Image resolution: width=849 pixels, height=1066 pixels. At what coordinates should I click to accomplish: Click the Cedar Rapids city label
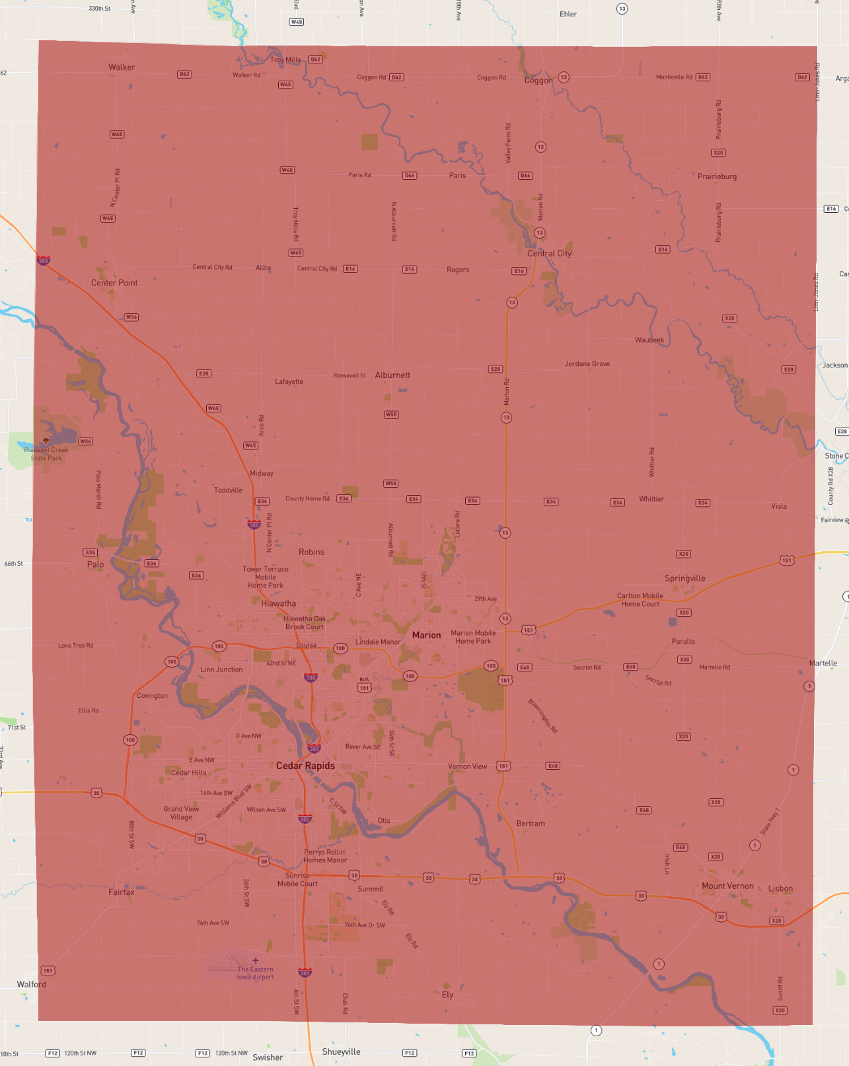(305, 766)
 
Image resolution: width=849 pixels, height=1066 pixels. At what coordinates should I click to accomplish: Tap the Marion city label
(426, 635)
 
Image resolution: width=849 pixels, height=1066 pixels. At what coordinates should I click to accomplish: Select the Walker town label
(122, 67)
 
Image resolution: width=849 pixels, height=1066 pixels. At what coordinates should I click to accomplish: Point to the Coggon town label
(538, 81)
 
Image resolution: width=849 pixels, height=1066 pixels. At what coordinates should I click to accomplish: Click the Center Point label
(114, 283)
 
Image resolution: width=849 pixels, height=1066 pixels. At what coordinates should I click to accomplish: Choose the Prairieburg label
(717, 176)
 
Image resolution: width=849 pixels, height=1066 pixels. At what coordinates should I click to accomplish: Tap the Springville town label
(684, 578)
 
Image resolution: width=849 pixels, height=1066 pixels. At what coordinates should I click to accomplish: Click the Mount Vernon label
(727, 886)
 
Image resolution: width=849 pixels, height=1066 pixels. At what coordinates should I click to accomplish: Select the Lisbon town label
(780, 889)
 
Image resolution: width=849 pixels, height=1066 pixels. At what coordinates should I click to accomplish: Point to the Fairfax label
(122, 892)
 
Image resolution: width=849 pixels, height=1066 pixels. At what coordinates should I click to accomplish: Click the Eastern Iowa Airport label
(255, 973)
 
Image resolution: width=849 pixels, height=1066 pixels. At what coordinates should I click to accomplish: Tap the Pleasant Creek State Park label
(46, 454)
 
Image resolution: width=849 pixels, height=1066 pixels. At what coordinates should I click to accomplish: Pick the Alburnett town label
(392, 375)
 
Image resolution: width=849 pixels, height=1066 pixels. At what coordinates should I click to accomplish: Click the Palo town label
(95, 564)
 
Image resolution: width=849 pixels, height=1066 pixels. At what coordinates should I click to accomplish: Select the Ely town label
(447, 995)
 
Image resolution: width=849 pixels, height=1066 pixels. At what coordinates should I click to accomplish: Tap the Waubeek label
(649, 340)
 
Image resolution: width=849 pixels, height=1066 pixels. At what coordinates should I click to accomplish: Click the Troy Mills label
(285, 59)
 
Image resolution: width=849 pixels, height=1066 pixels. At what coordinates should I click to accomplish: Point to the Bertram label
(531, 824)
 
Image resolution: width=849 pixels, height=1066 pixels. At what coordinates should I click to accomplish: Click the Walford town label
(32, 984)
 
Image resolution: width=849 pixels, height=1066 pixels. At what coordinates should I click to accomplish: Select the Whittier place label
(651, 499)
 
